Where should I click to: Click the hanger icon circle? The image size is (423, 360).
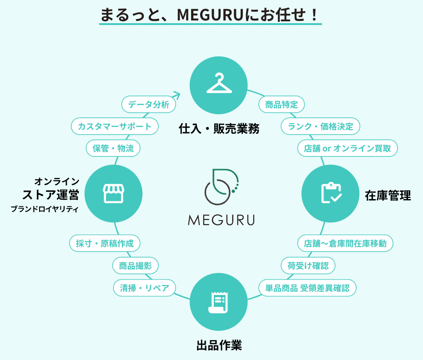coord(219,85)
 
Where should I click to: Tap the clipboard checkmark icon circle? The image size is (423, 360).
coord(331,193)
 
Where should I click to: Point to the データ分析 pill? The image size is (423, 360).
coord(149,105)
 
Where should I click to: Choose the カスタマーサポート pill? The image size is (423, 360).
coord(115,126)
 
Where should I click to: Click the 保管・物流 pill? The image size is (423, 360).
coord(113,148)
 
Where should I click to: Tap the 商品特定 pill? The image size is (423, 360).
coord(282,105)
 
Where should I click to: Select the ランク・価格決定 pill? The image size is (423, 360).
coord(321,126)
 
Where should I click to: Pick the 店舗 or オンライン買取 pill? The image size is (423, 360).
coord(348,148)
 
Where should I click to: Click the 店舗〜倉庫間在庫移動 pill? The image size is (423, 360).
coord(345,243)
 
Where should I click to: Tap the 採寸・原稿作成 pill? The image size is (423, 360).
coord(105,243)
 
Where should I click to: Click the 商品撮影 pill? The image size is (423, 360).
coord(136,265)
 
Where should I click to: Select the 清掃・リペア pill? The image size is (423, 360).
coord(145,287)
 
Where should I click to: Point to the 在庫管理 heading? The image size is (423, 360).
coord(388,196)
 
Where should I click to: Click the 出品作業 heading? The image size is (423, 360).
coord(219,345)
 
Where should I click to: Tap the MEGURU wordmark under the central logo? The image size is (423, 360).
coord(221,220)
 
